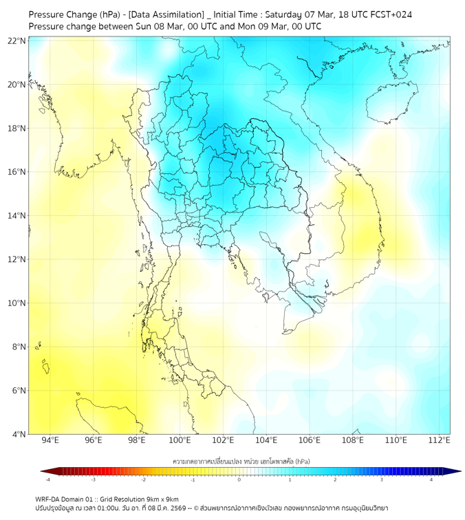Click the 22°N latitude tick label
coord(17,41)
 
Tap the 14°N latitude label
coord(17,215)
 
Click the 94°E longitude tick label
coord(50,440)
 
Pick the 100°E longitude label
coord(180,440)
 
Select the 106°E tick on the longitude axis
coord(310,440)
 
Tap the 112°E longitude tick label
coord(439,440)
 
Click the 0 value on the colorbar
coord(239,479)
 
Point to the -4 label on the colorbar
coord(47,479)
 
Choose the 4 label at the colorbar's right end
coord(431,479)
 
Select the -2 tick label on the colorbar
coord(143,479)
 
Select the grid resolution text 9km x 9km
coord(162,499)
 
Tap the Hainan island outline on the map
coord(389,106)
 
